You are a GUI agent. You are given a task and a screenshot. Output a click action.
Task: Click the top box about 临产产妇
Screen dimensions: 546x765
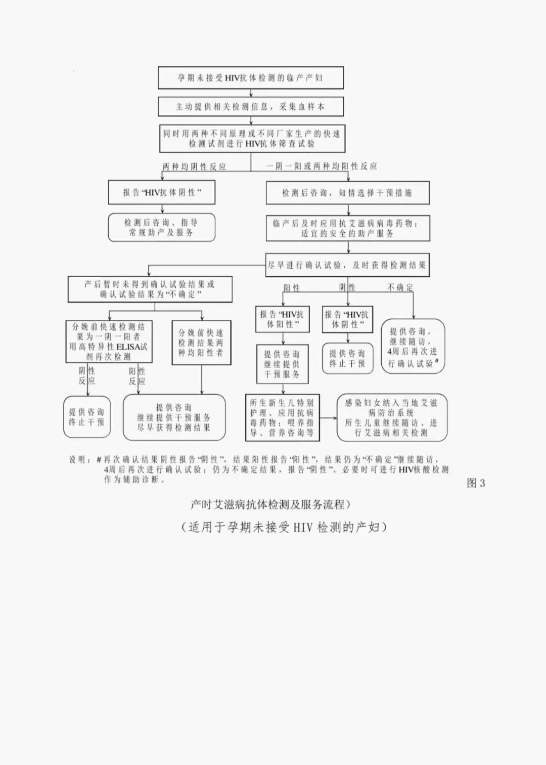(250, 78)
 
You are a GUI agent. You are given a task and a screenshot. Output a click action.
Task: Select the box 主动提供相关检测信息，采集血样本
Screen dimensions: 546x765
(250, 107)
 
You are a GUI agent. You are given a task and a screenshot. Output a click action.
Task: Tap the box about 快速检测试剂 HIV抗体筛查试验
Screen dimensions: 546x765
(252, 139)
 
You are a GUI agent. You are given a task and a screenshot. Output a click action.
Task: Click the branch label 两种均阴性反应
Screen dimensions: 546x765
(194, 166)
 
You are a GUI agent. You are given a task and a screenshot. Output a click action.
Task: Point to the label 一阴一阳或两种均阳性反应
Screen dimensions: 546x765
(322, 166)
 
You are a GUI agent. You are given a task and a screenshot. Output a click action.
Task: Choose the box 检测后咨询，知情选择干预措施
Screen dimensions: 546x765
(347, 193)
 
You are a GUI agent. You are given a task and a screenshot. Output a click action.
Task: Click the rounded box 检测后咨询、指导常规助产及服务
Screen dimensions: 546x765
(161, 227)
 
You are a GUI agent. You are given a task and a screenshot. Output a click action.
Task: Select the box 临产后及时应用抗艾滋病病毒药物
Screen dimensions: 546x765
(347, 228)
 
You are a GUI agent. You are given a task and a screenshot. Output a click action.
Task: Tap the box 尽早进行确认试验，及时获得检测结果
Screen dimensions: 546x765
(347, 265)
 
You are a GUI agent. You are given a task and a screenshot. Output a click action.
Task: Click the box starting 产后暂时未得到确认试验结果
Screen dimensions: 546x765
(150, 289)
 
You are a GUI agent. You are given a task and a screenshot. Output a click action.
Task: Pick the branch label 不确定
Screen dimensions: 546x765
(400, 287)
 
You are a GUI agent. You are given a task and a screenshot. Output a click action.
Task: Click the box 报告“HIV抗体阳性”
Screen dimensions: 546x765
(282, 319)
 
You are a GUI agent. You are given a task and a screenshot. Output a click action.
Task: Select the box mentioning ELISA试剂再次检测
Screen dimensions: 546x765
(109, 342)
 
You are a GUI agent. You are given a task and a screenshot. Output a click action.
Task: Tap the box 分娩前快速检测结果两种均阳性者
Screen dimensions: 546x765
(201, 343)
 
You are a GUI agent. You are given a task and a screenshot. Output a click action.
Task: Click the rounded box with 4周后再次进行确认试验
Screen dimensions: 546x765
(413, 347)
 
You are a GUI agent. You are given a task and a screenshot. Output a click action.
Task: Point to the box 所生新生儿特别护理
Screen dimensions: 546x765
(282, 418)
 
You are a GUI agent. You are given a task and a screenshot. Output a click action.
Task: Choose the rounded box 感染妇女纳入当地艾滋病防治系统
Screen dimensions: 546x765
(392, 418)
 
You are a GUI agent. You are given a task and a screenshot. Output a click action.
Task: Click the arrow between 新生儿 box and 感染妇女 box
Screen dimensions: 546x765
(328, 418)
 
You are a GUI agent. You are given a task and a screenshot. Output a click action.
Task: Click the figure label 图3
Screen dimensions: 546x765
(476, 483)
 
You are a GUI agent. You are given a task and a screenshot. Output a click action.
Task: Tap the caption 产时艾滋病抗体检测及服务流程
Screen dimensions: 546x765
(270, 504)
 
